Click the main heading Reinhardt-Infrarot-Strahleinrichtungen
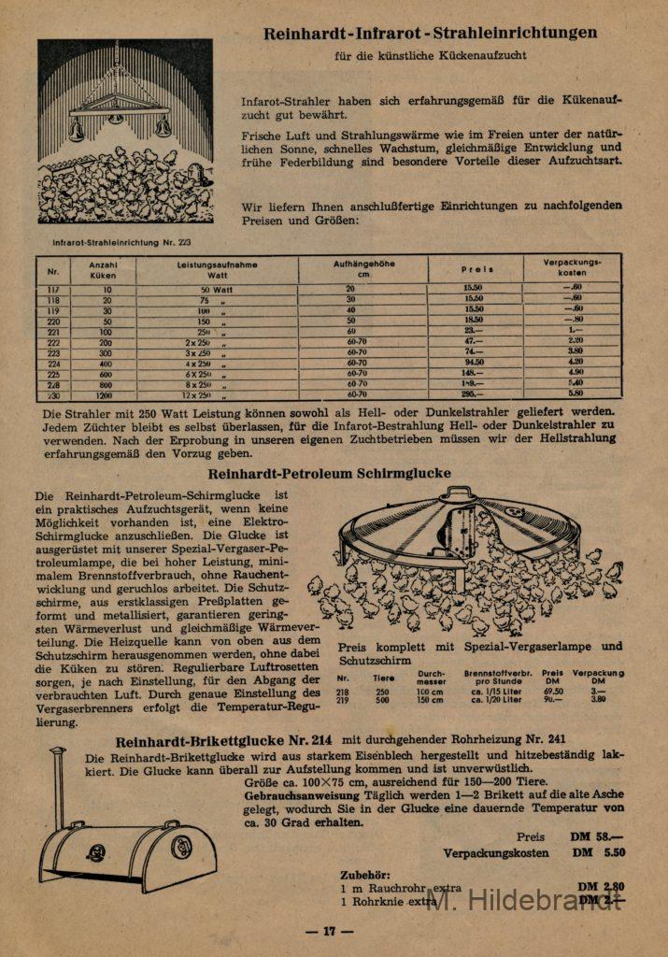[x=430, y=34]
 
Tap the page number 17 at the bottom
[x=329, y=931]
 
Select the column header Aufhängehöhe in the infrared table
[x=363, y=268]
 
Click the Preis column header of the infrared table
[x=476, y=269]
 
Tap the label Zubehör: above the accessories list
[x=365, y=875]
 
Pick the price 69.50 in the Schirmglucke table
[x=552, y=691]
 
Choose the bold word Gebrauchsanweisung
[x=288, y=794]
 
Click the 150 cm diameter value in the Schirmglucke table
[x=431, y=699]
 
